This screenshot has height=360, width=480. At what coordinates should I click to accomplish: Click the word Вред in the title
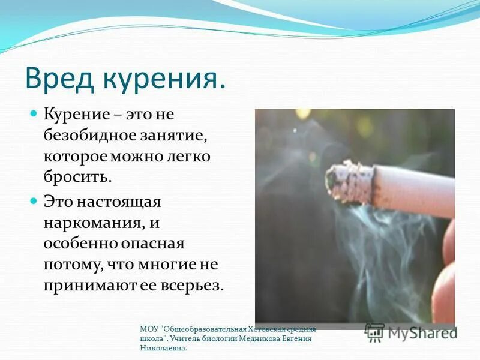[56, 79]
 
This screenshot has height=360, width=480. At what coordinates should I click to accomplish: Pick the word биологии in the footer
[218, 338]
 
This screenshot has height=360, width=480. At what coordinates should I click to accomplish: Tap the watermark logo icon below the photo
[375, 332]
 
